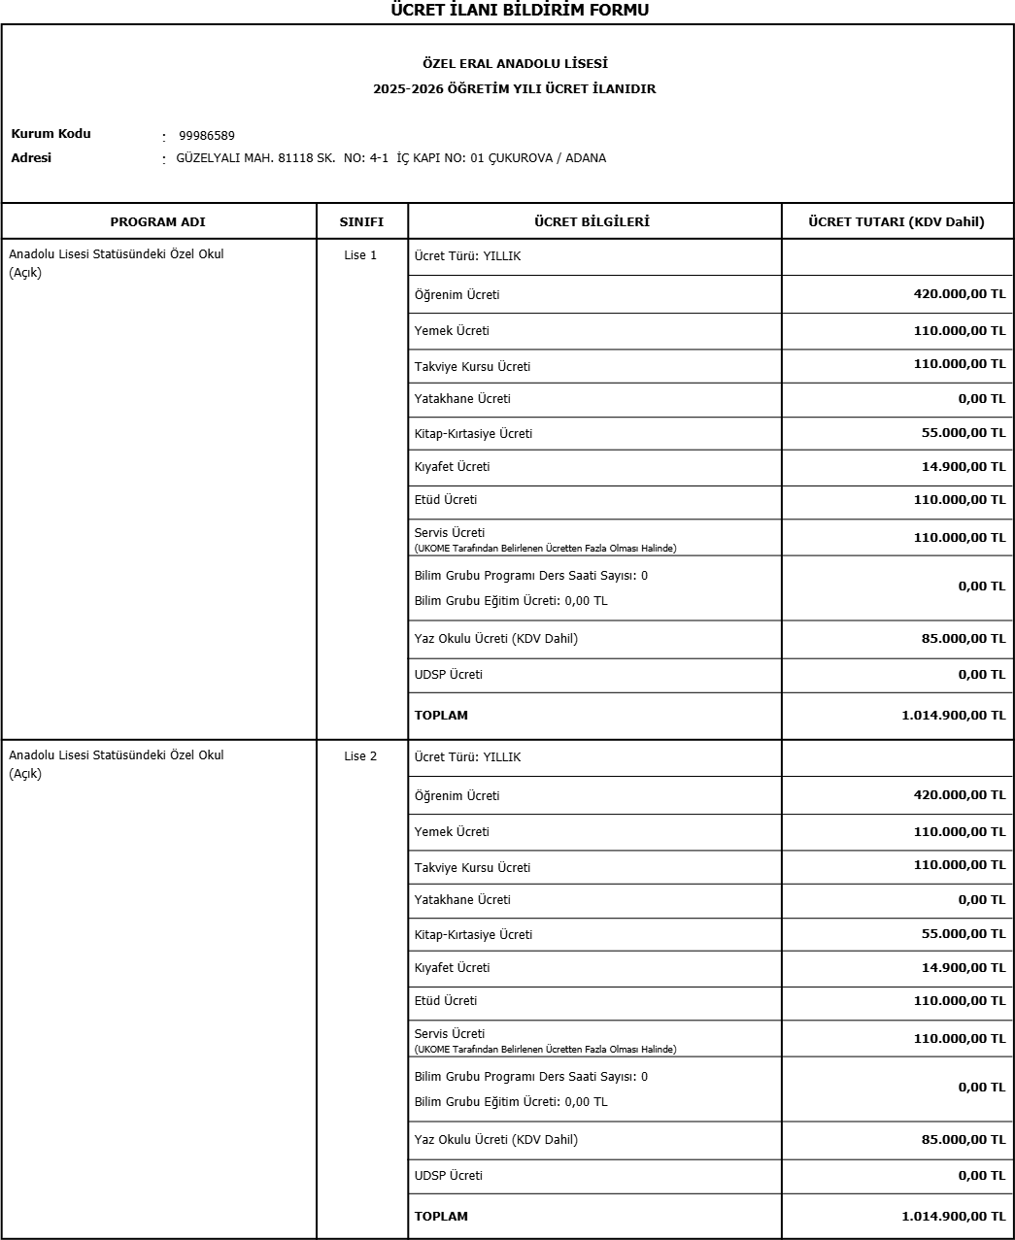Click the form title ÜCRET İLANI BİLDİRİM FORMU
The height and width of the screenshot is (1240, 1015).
[x=519, y=11]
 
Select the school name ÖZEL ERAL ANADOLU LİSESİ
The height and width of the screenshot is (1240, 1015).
[x=515, y=64]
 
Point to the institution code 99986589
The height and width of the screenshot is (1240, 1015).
[x=207, y=136]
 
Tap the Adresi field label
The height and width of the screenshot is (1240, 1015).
[x=31, y=158]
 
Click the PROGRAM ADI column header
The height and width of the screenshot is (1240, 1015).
[x=157, y=222]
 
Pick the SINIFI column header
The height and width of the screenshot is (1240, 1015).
[x=361, y=222]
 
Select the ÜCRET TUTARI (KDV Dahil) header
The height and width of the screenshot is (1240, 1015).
[x=896, y=222]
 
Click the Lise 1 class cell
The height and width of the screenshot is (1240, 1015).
[x=360, y=255]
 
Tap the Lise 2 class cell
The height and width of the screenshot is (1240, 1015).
[x=360, y=756]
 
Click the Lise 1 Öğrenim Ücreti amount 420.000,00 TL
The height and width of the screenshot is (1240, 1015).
[x=959, y=294]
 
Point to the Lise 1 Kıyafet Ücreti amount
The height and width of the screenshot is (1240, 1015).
[x=963, y=467]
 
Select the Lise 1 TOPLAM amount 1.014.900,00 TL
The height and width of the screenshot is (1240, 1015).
[x=953, y=716]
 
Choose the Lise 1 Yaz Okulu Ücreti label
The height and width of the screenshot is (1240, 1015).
[x=495, y=639]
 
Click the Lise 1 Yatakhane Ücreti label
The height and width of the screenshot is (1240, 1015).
[x=462, y=399]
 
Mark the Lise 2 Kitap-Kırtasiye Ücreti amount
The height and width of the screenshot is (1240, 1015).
[x=963, y=934]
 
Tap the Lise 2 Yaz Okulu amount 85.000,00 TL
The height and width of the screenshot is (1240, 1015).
[x=963, y=1140]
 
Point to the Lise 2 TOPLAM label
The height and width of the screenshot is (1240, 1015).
[x=441, y=1217]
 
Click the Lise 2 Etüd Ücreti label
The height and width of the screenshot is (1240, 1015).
[x=446, y=1001]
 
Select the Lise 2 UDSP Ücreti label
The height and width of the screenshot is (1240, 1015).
[x=448, y=1176]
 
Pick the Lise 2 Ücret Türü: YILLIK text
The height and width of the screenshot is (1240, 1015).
[x=467, y=757]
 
